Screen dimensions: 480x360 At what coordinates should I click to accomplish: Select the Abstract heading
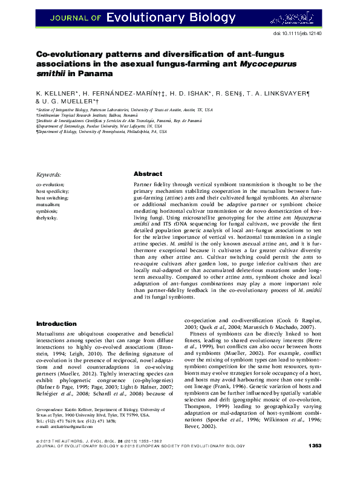coord(148,173)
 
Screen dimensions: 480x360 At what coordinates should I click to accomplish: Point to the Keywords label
coord(49,174)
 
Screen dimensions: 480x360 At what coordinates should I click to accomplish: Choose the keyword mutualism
coord(48,204)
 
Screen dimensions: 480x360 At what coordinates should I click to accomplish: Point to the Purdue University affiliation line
coord(100,125)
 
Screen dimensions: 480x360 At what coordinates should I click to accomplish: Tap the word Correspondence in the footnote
coord(50,426)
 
